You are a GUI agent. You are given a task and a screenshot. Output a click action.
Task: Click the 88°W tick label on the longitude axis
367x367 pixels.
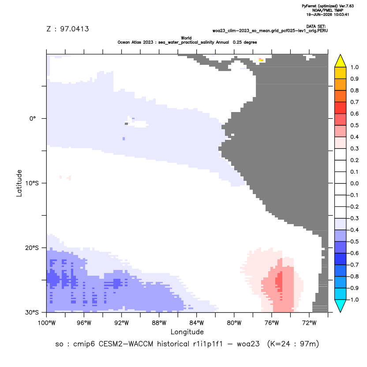159,323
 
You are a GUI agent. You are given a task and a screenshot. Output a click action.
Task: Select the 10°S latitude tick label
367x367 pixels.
32,183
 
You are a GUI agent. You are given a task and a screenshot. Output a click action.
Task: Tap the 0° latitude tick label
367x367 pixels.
33,118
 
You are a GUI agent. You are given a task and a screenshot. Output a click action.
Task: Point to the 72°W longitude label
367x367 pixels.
309,323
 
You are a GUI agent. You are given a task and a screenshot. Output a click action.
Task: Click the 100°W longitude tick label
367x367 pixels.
47,323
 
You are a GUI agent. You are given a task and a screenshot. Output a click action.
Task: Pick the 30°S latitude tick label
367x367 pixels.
32,312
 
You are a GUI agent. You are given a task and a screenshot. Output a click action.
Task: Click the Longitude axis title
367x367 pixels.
187,332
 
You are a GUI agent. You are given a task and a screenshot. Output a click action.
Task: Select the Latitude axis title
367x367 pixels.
19,183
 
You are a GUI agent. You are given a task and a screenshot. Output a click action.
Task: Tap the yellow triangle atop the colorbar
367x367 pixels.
341,61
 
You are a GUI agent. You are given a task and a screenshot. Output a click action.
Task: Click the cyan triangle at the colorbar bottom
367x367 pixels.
341,306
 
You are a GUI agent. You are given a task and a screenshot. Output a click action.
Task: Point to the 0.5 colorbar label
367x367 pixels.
354,125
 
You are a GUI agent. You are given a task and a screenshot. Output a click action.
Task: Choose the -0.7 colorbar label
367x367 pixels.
354,265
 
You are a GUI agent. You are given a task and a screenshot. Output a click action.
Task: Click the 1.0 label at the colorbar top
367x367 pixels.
354,67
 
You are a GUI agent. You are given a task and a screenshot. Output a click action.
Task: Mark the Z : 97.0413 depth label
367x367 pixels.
67,29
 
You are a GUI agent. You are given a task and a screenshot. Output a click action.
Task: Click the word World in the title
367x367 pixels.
186,38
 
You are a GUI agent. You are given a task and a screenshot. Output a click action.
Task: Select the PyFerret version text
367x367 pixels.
328,6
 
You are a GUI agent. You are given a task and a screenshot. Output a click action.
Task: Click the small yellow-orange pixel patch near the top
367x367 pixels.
261,60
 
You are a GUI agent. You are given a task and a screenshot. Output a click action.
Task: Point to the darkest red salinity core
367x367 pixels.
279,281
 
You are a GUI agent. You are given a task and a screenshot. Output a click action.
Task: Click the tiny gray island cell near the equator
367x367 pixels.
127,124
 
